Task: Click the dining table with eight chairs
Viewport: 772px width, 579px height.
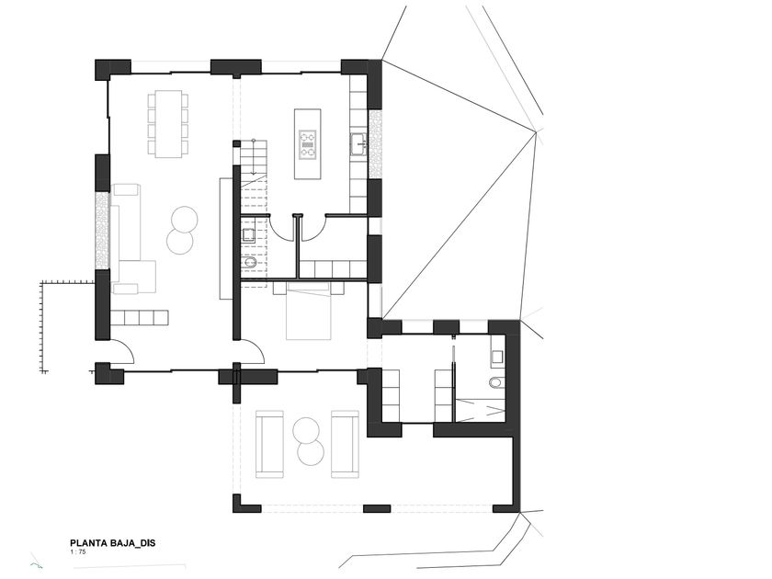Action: [x=168, y=123]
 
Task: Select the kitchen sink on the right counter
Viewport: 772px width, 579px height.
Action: [x=358, y=144]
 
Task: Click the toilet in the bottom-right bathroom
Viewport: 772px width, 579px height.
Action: [x=497, y=381]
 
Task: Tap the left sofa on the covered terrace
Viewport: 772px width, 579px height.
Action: [x=269, y=444]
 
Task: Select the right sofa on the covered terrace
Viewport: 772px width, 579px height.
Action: [x=345, y=444]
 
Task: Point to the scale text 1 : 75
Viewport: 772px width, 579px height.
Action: [x=80, y=553]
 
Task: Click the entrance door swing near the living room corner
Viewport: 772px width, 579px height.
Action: [x=122, y=351]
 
